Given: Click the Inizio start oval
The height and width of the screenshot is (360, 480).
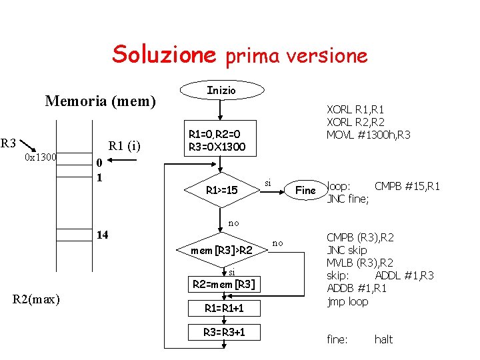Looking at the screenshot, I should coord(221,90).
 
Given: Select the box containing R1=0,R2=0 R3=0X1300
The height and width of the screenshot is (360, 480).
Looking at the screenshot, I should coord(217,141).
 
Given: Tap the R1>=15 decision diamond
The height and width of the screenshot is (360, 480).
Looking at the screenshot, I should coord(221,191).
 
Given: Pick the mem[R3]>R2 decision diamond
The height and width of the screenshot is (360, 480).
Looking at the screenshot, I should coord(221,251).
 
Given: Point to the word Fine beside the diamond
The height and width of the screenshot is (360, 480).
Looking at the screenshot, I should coord(305,191).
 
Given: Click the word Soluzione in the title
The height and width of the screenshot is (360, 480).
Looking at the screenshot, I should coord(164,54).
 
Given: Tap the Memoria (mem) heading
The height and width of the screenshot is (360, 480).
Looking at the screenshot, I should coord(100,101).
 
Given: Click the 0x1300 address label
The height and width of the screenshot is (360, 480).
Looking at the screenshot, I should coord(41,157).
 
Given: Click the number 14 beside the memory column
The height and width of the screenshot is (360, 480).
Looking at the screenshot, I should coord(103,235).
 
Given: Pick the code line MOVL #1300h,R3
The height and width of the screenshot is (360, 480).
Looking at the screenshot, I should coord(368,135).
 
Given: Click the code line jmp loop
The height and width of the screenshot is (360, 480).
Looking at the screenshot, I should coord(347,301).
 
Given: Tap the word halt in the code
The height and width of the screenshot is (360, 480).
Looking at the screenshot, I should coord(383,339).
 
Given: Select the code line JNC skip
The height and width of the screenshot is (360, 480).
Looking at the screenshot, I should coord(347,250).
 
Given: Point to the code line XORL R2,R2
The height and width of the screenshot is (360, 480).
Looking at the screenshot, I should coord(355,122).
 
